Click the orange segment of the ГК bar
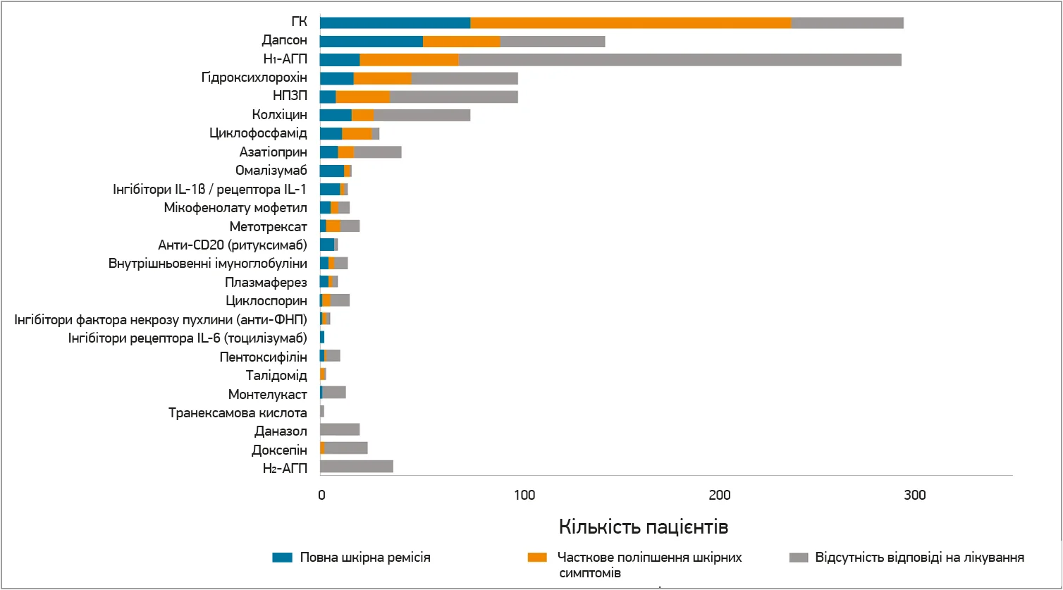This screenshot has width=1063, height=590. point(631,23)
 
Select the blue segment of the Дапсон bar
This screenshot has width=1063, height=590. point(371,41)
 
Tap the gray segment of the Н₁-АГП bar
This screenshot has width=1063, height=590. point(680,59)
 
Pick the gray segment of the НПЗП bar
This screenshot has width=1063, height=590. point(454,97)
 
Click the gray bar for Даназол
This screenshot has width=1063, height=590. point(340,429)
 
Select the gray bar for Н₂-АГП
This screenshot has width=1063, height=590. point(357,466)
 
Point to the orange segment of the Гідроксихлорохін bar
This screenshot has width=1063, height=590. point(383,78)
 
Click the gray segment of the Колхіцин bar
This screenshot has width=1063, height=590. point(422,115)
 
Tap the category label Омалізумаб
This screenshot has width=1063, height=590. point(271,170)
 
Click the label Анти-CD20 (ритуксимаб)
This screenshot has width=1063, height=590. point(233,245)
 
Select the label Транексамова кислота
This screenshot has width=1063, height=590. point(238,412)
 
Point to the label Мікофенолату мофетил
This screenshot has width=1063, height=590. point(235,207)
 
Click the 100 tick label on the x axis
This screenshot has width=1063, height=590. point(524,496)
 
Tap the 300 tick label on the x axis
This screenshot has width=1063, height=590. point(915,496)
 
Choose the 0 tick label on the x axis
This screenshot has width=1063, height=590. point(321,496)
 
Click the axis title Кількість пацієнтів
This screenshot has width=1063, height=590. point(644,527)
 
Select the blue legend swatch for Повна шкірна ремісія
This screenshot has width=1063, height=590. point(282,558)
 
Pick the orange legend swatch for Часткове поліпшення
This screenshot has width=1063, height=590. point(537,558)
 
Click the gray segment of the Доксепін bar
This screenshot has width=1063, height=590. point(346,448)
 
